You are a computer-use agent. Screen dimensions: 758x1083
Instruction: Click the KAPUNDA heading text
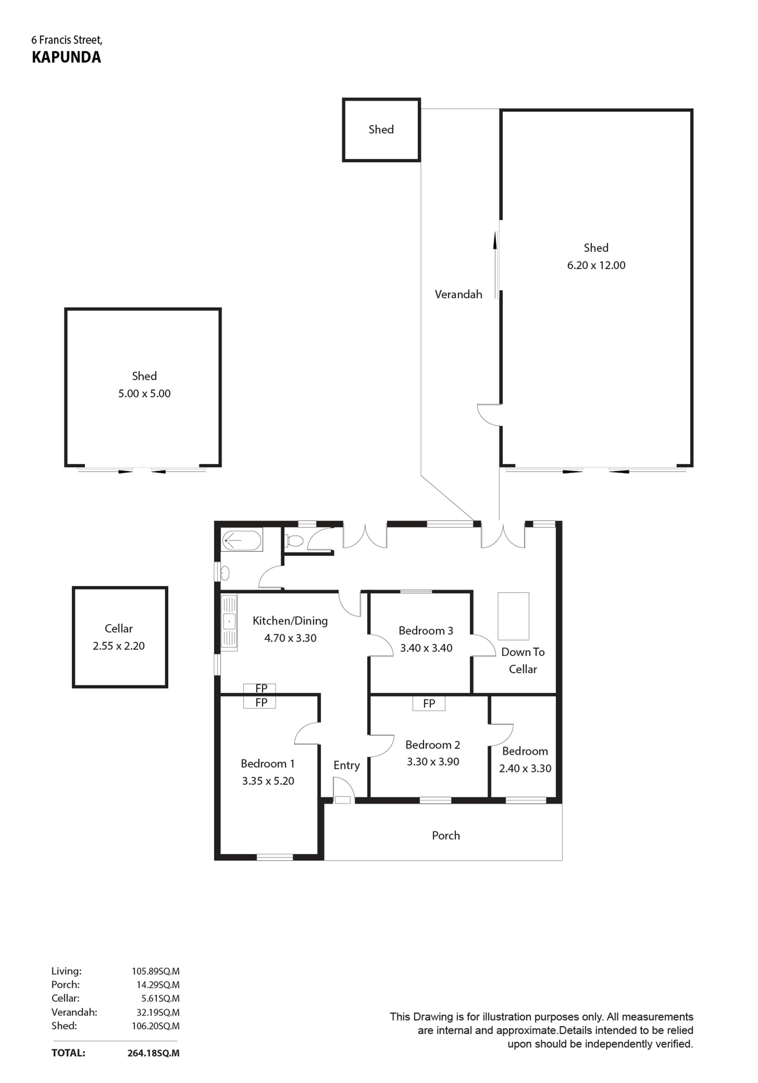click(66, 57)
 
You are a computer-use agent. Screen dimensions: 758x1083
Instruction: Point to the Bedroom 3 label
click(426, 631)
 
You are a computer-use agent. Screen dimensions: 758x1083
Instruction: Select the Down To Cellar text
click(523, 660)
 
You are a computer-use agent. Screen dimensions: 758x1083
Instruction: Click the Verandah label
click(458, 294)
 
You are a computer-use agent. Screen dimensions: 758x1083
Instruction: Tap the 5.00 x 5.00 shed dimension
click(144, 393)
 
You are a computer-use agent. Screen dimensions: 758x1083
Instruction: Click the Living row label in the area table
click(66, 971)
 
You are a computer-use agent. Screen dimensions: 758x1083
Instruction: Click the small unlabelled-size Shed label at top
click(381, 129)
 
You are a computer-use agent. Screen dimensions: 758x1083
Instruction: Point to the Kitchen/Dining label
click(290, 621)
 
